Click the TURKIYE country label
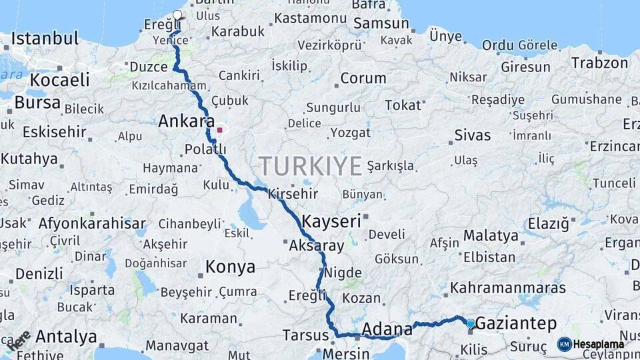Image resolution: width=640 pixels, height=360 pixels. (x=310, y=165)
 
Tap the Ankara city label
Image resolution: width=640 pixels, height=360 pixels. (x=186, y=122)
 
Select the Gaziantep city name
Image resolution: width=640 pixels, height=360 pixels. (x=517, y=324)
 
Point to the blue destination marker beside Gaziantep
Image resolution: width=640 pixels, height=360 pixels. (x=471, y=324)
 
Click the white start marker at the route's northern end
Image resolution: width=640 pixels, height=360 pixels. (x=177, y=15)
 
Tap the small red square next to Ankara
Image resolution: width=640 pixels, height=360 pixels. (x=219, y=130)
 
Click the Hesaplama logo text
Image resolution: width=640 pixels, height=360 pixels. (x=599, y=344)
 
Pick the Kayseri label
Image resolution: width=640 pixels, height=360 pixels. (x=331, y=221)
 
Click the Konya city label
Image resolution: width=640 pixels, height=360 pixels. (x=230, y=267)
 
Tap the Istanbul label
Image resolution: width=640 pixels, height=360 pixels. (x=45, y=37)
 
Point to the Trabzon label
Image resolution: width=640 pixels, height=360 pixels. (x=599, y=63)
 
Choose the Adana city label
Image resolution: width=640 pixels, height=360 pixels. (x=387, y=329)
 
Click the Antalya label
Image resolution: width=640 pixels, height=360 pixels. (x=66, y=337)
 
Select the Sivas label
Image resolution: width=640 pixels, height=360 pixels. (x=473, y=135)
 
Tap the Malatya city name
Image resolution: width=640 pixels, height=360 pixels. (x=491, y=235)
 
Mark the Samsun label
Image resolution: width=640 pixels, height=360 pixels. (x=381, y=23)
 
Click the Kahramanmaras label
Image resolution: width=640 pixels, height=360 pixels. (x=508, y=288)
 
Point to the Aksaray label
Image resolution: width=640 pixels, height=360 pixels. (x=317, y=245)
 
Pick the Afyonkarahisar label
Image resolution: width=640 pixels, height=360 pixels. (x=92, y=223)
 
